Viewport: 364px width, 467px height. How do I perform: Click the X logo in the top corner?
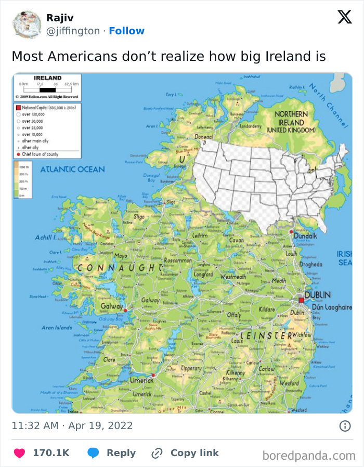click(344, 17)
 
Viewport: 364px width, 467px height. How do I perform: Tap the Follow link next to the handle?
click(127, 31)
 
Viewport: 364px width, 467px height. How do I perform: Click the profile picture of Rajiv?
click(25, 24)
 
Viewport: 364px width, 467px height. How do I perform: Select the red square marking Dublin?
click(301, 300)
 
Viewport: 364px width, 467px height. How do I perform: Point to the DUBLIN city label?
click(317, 295)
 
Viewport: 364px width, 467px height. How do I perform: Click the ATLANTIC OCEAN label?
click(72, 169)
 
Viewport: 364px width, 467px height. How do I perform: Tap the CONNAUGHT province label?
click(120, 267)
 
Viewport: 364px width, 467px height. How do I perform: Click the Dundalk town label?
click(305, 236)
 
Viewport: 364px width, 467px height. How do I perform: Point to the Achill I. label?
click(48, 237)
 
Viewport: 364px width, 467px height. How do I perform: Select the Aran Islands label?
click(57, 328)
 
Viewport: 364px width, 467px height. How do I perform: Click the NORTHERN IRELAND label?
click(291, 122)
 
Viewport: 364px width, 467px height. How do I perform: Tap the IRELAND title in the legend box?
click(47, 78)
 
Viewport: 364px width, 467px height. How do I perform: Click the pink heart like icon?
click(19, 453)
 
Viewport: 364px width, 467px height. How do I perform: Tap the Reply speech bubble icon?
click(94, 453)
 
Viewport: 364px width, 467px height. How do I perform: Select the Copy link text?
click(194, 453)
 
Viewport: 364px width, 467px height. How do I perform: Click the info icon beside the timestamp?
click(344, 426)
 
